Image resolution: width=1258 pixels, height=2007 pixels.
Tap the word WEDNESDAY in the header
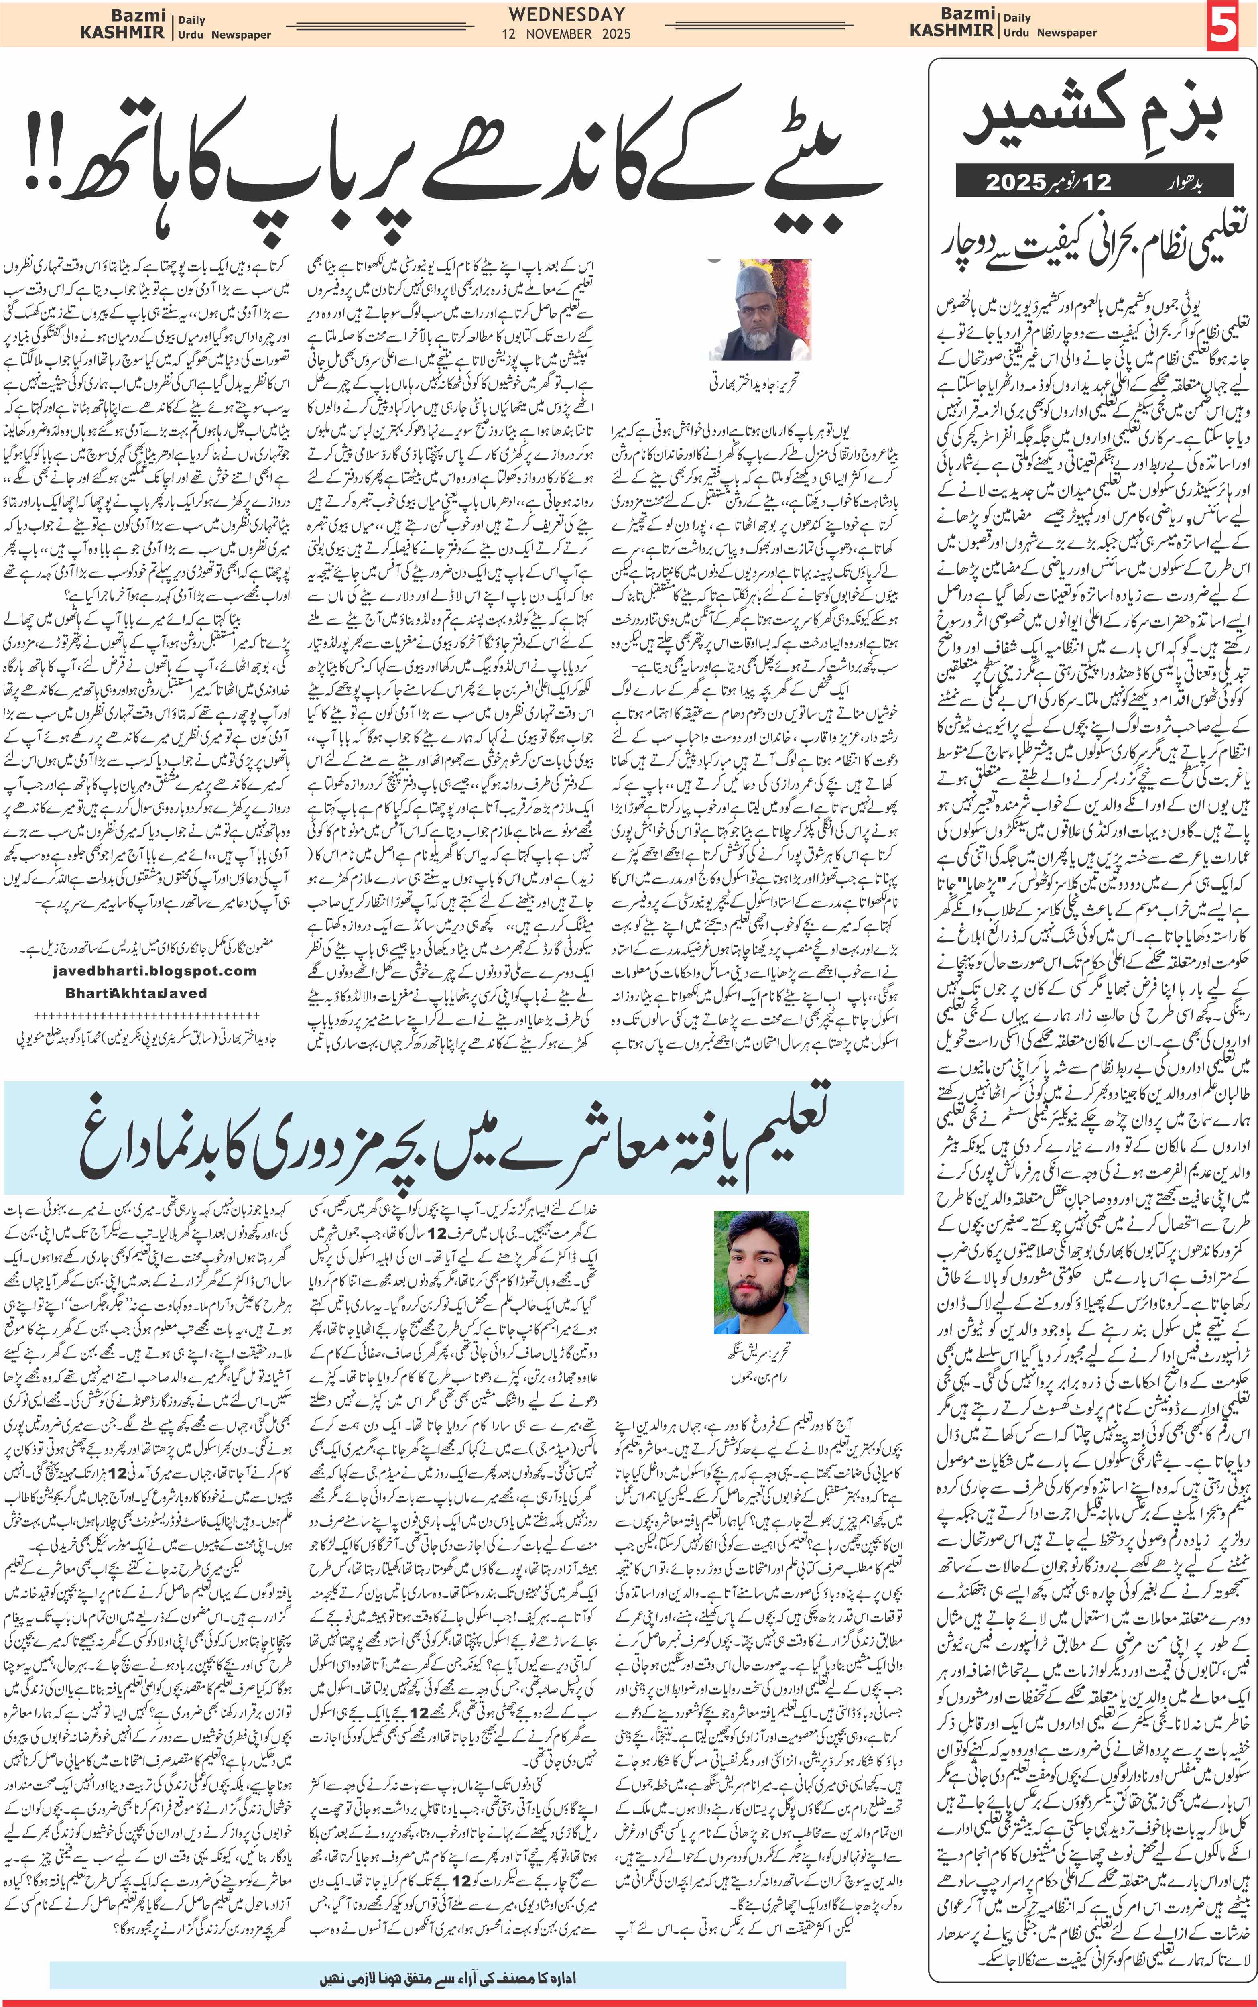567,14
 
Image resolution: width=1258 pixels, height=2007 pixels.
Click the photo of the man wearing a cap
759,309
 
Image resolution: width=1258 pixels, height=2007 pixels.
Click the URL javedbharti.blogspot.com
155,971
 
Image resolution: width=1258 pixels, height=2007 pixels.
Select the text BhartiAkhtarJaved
136,993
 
